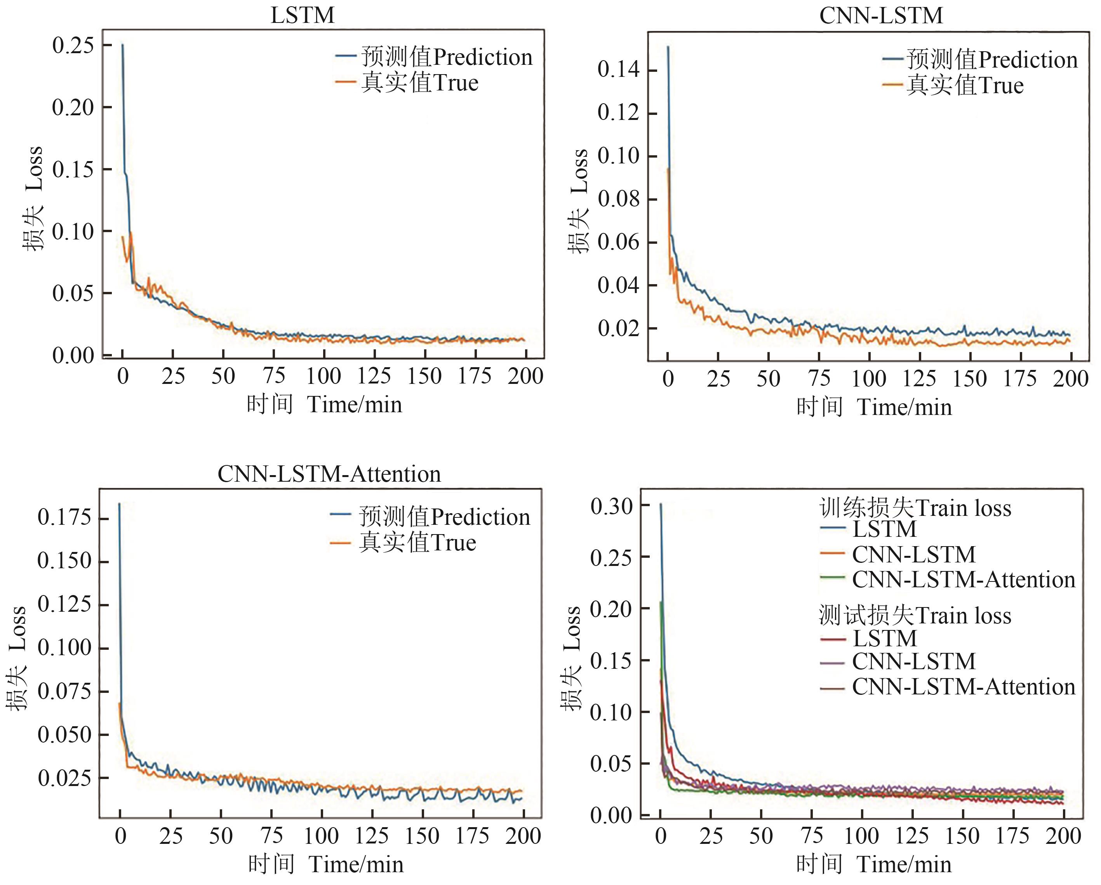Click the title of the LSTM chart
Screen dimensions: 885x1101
pos(302,15)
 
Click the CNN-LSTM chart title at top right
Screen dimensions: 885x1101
pos(881,15)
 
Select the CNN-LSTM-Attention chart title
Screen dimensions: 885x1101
pos(329,474)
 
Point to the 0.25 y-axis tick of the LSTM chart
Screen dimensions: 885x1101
pos(73,45)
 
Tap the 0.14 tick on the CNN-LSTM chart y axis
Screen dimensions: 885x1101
pos(618,69)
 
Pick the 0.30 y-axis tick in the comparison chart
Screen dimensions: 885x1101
pos(611,506)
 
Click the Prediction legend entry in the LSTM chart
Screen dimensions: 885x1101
pos(434,57)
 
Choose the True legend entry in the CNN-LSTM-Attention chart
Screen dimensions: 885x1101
pos(404,543)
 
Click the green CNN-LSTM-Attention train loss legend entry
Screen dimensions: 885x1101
pos(948,580)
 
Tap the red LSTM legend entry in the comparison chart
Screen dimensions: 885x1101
pos(868,639)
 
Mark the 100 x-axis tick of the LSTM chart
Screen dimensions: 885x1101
pos(324,377)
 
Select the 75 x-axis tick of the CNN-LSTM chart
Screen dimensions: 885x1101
pos(819,379)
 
